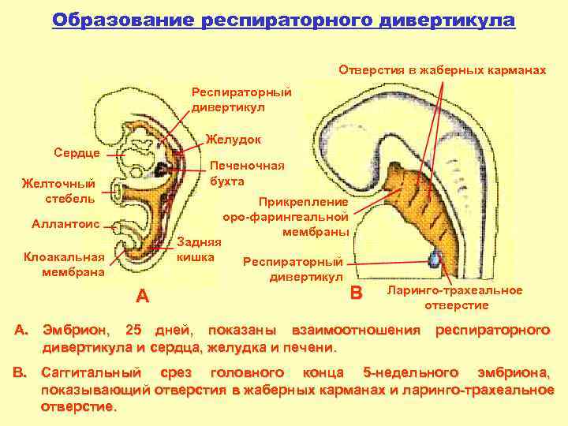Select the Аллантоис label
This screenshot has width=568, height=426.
(65, 224)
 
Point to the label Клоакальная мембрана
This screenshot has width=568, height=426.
(64, 264)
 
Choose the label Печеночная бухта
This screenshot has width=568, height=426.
(247, 174)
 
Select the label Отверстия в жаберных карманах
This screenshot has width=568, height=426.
(442, 71)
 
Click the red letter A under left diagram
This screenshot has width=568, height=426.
(142, 297)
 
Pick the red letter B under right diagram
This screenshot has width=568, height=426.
(356, 293)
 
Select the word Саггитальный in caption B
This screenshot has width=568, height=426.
(94, 371)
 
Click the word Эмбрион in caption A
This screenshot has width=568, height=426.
(76, 328)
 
